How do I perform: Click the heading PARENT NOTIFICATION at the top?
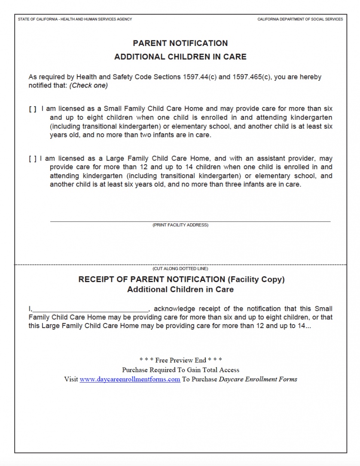[180, 43]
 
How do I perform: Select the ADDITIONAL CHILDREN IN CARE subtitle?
[180, 57]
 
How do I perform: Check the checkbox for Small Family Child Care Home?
[33, 110]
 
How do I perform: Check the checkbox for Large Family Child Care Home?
[33, 159]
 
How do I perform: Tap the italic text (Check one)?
[88, 85]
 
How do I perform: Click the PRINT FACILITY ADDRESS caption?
[180, 225]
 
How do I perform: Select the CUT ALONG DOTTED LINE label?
[180, 269]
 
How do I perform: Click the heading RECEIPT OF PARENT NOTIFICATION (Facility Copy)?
[181, 280]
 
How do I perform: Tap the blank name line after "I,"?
[90, 309]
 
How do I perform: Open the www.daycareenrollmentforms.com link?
[130, 379]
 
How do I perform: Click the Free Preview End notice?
[180, 360]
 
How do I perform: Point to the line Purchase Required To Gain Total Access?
[180, 370]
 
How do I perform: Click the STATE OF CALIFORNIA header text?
[75, 19]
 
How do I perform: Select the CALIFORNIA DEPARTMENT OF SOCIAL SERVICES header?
[300, 19]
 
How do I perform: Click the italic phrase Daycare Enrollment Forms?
[258, 379]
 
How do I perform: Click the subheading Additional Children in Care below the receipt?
[180, 290]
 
